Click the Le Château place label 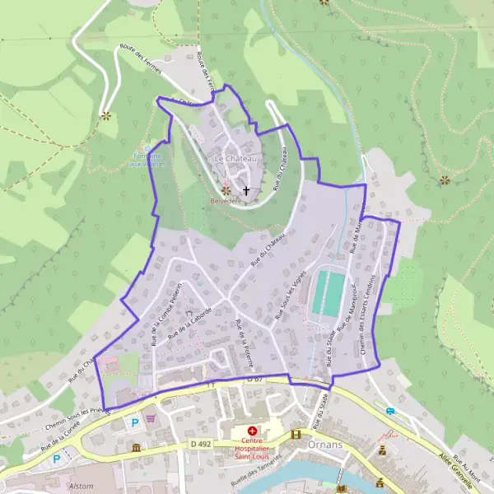tap(235, 158)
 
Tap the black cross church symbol tap(245, 190)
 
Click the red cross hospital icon tap(252, 431)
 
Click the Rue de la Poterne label tap(245, 343)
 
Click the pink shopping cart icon tap(151, 418)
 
